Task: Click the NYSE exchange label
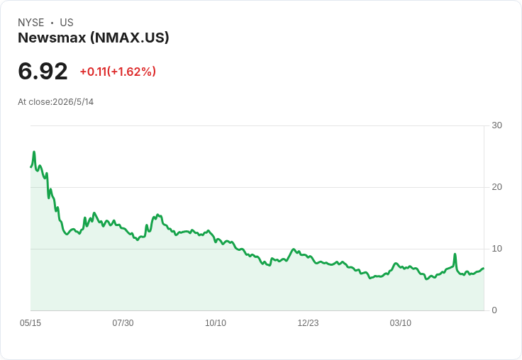pos(31,23)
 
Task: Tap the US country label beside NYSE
pos(67,23)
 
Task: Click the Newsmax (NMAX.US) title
pos(94,38)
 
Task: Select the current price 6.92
pos(43,72)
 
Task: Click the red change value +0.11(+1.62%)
pos(118,72)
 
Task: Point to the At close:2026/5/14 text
pos(55,102)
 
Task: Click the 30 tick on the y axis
pos(496,125)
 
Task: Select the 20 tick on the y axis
pos(496,187)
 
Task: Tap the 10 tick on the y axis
pos(496,249)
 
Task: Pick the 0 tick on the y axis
pos(494,310)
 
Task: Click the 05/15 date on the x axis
pos(30,322)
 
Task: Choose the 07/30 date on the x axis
pos(123,322)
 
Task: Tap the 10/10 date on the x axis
pos(216,322)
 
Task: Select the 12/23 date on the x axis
pos(308,322)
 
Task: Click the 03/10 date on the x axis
pos(401,322)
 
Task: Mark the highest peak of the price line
pos(34,152)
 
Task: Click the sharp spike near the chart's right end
pos(455,254)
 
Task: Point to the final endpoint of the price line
pos(484,268)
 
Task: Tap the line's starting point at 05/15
pos(30,167)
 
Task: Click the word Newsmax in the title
pos(52,38)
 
